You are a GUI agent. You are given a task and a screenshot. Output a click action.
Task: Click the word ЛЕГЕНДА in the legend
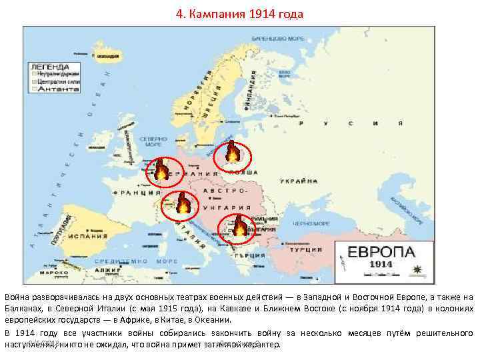pyautogui.click(x=47, y=67)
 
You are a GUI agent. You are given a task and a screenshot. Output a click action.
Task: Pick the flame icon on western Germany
pyautogui.click(x=161, y=172)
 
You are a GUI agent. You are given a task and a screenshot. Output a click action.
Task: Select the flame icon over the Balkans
pyautogui.click(x=238, y=229)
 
